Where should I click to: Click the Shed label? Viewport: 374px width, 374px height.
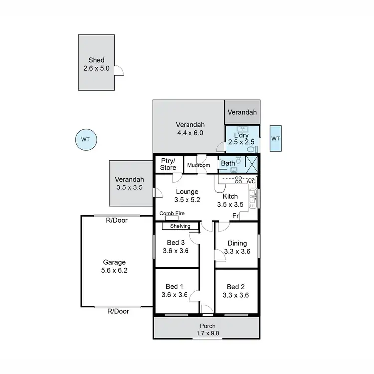pyautogui.click(x=96, y=60)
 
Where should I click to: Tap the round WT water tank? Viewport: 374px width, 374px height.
pyautogui.click(x=85, y=140)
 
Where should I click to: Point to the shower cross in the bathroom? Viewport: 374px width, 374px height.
pyautogui.click(x=252, y=164)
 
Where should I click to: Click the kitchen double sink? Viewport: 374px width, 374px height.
pyautogui.click(x=253, y=198)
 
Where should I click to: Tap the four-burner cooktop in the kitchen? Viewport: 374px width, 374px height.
pyautogui.click(x=239, y=181)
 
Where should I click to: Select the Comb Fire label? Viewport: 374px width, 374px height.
pyautogui.click(x=172, y=213)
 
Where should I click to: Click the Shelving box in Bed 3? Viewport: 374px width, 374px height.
pyautogui.click(x=180, y=226)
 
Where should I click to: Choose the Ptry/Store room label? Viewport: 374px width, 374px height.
pyautogui.click(x=168, y=164)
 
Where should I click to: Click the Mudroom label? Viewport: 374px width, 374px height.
pyautogui.click(x=199, y=165)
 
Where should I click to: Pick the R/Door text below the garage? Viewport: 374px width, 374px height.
pyautogui.click(x=118, y=311)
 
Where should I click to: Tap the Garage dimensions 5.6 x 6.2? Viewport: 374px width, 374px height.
pyautogui.click(x=114, y=270)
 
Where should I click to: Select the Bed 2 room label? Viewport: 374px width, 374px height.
pyautogui.click(x=235, y=287)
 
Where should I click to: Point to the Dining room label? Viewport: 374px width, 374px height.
pyautogui.click(x=237, y=243)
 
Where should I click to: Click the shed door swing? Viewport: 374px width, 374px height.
pyautogui.click(x=119, y=71)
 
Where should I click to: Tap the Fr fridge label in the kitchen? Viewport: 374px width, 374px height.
pyautogui.click(x=235, y=215)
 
